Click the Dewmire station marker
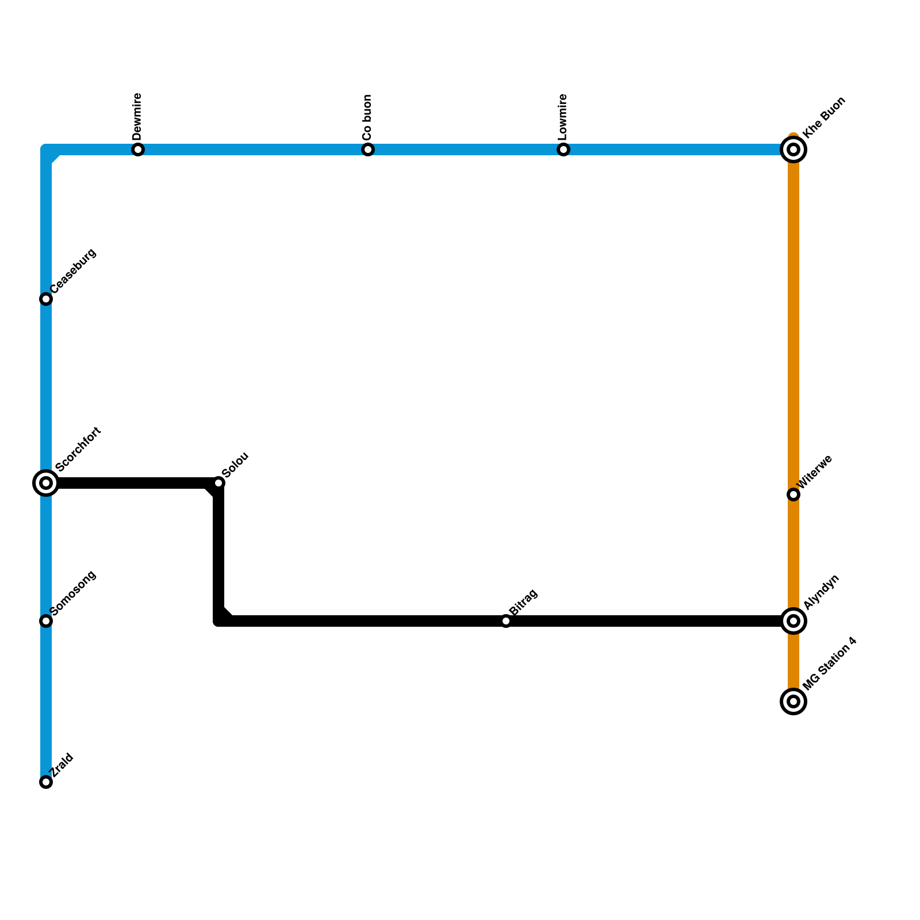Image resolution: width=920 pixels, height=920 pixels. [x=138, y=150]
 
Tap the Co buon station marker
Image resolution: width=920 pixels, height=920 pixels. [x=368, y=150]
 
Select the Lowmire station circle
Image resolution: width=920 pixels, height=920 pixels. [x=563, y=150]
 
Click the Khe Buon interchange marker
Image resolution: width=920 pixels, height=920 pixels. [x=793, y=150]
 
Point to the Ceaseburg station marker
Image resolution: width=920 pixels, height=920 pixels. [x=46, y=299]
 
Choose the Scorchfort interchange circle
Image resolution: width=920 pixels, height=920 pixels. [x=46, y=483]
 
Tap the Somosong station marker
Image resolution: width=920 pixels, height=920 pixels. [x=46, y=621]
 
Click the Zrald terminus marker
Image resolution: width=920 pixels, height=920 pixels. [x=46, y=782]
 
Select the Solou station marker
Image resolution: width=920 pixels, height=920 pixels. [x=218, y=483]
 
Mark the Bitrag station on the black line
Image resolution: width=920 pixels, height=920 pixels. [x=506, y=621]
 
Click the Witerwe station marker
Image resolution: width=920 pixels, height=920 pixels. [x=793, y=494]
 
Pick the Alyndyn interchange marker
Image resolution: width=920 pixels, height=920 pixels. [x=793, y=621]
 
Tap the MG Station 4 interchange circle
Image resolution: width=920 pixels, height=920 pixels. [x=793, y=701]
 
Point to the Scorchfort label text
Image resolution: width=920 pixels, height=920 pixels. [x=78, y=449]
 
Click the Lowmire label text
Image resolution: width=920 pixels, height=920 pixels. [x=563, y=117]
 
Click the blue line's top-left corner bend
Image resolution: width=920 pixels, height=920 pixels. [x=47, y=151]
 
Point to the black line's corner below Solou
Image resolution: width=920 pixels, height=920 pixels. [x=219, y=620]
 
